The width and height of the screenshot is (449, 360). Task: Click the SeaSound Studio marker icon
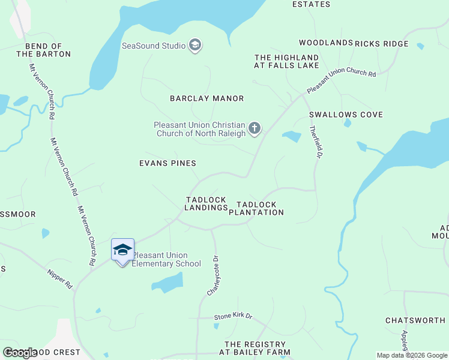pyautogui.click(x=194, y=45)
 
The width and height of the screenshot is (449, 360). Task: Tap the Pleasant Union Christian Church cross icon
pyautogui.click(x=255, y=128)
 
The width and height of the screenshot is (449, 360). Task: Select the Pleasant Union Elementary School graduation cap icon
pyautogui.click(x=122, y=250)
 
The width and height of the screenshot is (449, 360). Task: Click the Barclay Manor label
pyautogui.click(x=206, y=98)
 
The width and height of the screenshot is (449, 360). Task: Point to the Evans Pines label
pyautogui.click(x=167, y=163)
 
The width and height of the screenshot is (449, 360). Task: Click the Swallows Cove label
pyautogui.click(x=346, y=115)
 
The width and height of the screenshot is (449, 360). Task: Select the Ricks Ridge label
pyautogui.click(x=381, y=44)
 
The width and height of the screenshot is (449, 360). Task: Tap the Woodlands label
pyautogui.click(x=326, y=43)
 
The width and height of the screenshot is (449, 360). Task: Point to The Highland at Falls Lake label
pyautogui.click(x=286, y=61)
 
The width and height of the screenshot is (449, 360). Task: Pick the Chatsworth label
pyautogui.click(x=415, y=320)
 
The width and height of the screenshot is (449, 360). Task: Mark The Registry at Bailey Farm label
pyautogui.click(x=257, y=348)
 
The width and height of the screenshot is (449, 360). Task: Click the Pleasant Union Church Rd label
pyautogui.click(x=341, y=82)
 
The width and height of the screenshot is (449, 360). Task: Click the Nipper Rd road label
pyautogui.click(x=60, y=279)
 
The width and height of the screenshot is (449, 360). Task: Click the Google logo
pyautogui.click(x=20, y=353)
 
